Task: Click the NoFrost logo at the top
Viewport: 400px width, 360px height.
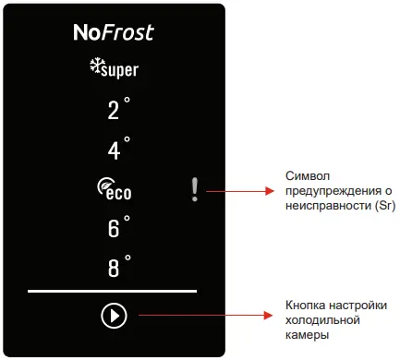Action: tap(114, 32)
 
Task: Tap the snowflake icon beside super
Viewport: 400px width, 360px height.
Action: tap(95, 66)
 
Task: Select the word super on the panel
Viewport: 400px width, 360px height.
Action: tap(119, 71)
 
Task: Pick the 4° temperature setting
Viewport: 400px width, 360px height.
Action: tap(118, 148)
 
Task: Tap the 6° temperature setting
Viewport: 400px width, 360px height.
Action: tap(118, 226)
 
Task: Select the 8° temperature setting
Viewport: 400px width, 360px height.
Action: tap(119, 266)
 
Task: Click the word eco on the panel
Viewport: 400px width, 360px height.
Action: tap(119, 193)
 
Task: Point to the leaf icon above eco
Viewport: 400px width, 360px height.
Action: tap(104, 185)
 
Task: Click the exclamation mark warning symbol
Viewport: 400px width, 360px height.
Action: tap(194, 189)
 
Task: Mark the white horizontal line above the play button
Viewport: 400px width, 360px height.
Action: tap(112, 291)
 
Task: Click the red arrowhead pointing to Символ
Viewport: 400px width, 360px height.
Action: tap(270, 191)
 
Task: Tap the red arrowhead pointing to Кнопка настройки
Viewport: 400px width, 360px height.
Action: tap(268, 315)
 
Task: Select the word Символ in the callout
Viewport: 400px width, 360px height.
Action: tap(303, 176)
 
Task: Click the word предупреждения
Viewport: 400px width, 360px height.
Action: tap(334, 191)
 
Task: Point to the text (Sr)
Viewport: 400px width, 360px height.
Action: tap(385, 206)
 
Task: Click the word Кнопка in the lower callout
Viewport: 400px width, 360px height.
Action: tap(306, 306)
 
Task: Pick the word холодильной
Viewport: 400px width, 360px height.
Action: tap(322, 320)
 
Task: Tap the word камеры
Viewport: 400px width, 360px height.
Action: tap(307, 335)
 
